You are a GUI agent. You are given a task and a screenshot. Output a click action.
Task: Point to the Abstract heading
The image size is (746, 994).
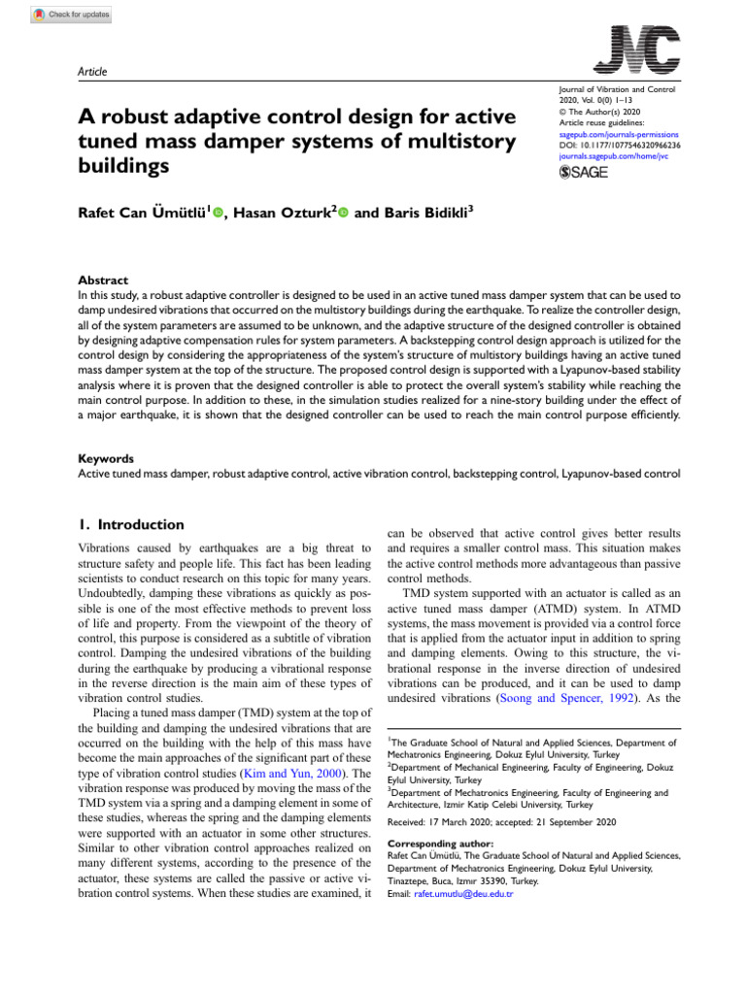(x=102, y=279)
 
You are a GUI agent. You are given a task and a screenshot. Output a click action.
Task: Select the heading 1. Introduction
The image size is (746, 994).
(x=130, y=524)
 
